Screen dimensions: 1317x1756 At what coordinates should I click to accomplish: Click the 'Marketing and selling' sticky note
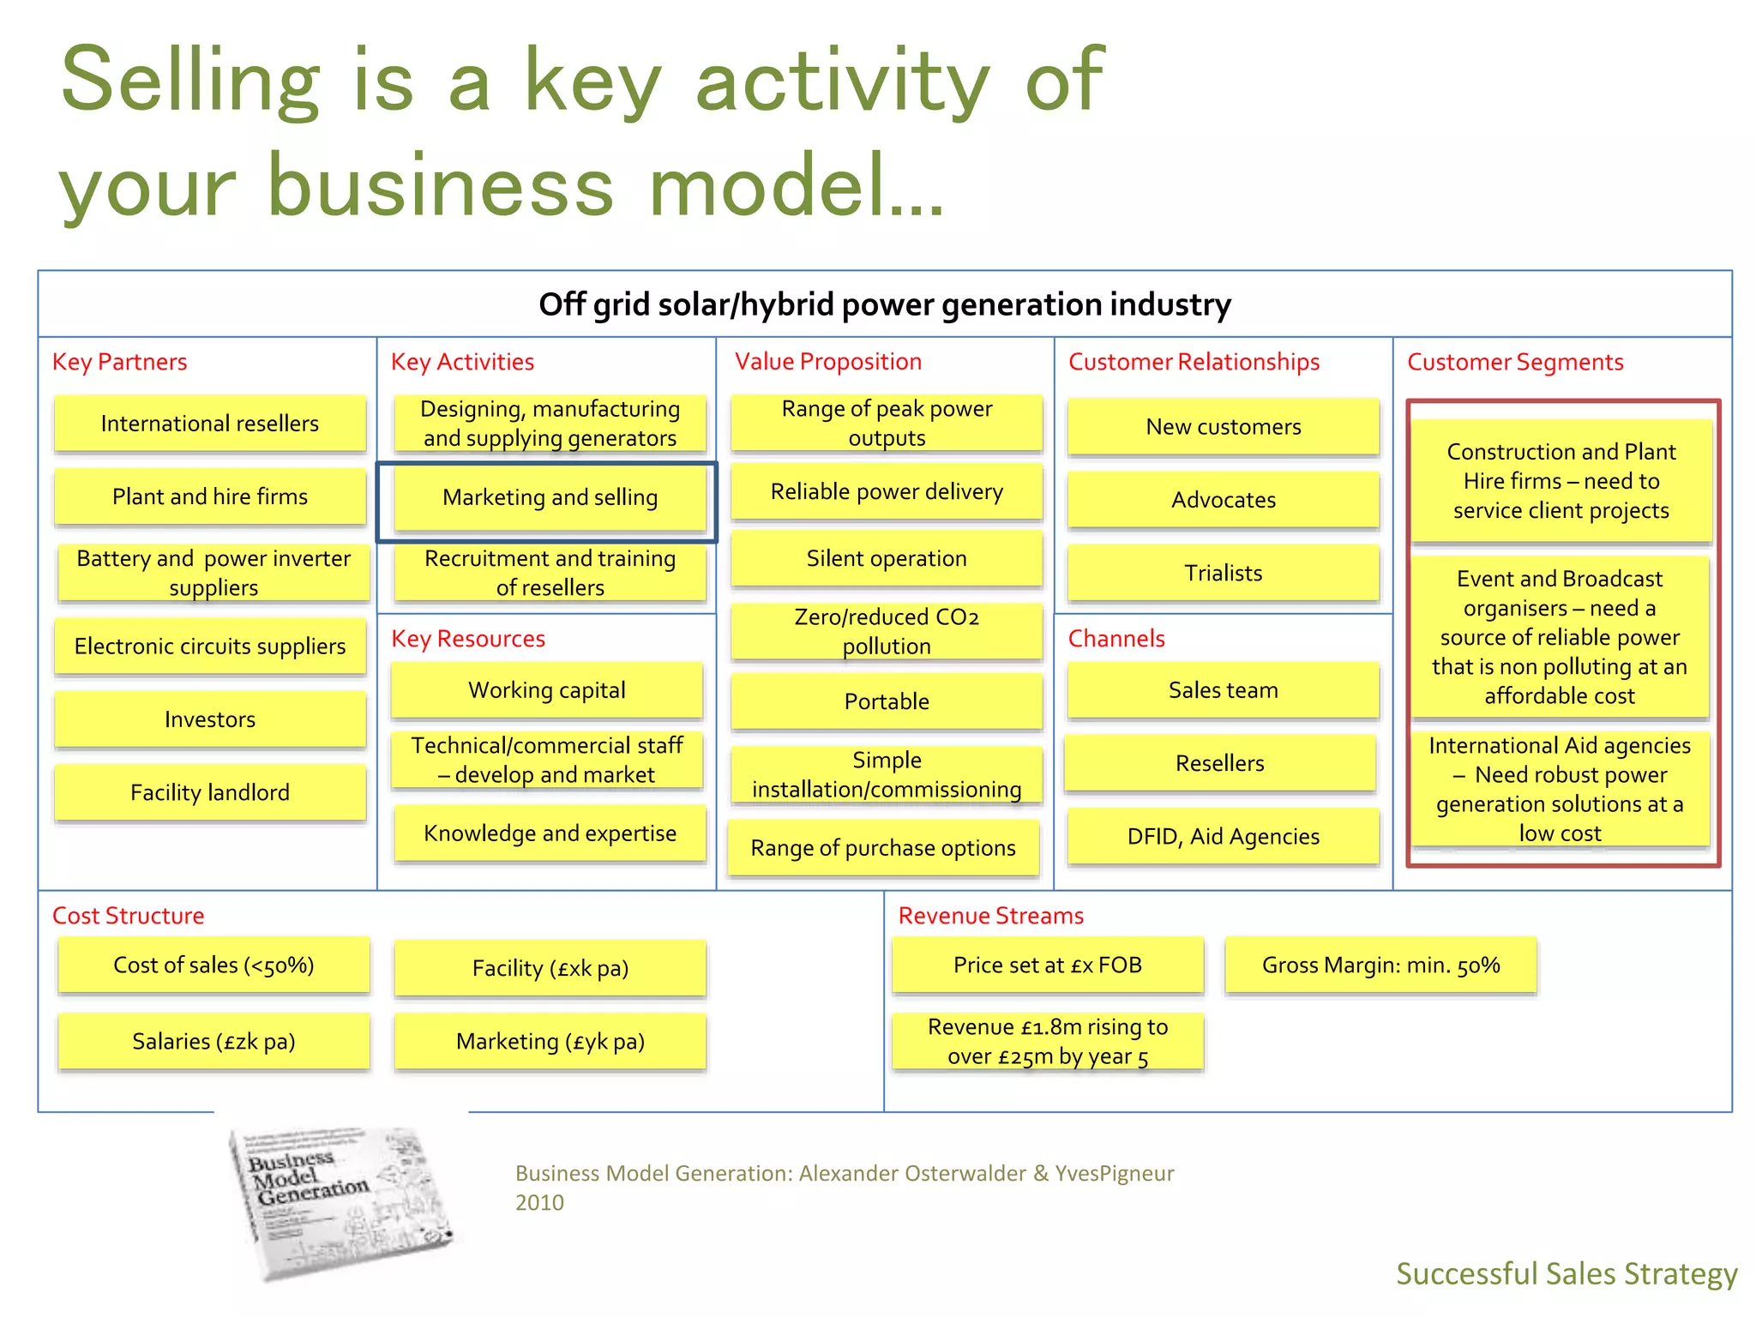(x=550, y=498)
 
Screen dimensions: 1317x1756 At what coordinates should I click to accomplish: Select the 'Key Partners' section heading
(x=119, y=362)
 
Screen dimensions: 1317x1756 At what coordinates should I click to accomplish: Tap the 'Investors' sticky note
(x=210, y=719)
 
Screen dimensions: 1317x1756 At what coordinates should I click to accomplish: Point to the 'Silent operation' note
(x=887, y=559)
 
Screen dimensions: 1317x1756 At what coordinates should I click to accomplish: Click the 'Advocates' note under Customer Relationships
(x=1224, y=500)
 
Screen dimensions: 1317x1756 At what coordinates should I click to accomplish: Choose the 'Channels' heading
(x=1116, y=639)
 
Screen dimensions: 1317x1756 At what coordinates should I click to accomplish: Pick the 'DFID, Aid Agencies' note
(x=1224, y=837)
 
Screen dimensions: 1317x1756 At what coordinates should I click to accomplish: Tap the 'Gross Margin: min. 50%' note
(x=1380, y=965)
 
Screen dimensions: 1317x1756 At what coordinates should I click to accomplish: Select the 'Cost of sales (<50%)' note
(x=213, y=965)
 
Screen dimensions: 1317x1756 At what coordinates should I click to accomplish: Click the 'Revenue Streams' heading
(x=990, y=916)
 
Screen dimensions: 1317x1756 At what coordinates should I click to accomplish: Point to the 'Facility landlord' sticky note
(x=210, y=792)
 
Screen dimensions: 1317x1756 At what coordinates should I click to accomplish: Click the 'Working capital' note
(x=547, y=690)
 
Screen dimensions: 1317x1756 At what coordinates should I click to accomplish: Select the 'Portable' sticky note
(x=887, y=701)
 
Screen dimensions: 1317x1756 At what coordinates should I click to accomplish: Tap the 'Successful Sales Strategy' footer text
(x=1566, y=1273)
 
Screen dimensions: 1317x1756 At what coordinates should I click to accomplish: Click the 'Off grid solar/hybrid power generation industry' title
(x=884, y=304)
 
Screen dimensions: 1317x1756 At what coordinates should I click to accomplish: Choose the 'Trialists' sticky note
(x=1224, y=573)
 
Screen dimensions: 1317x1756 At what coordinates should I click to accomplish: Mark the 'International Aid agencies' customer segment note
(x=1560, y=789)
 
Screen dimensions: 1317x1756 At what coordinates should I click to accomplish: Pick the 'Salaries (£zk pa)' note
(x=213, y=1042)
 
